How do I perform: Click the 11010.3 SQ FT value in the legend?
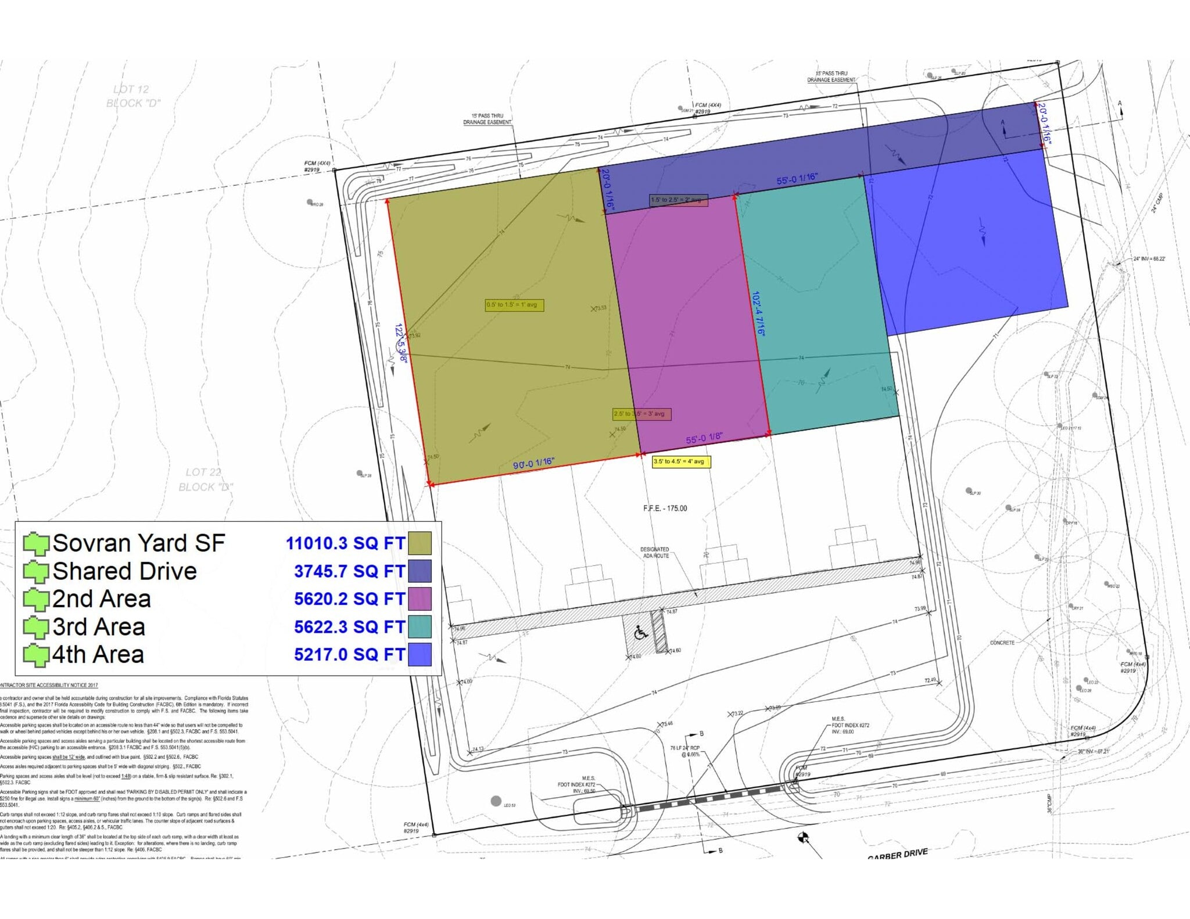[x=345, y=543]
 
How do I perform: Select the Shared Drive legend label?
[x=124, y=571]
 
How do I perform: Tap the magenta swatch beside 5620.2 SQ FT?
[x=420, y=599]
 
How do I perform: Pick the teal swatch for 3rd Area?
[x=420, y=626]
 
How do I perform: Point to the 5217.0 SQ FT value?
[x=349, y=654]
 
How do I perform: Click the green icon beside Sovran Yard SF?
[x=36, y=543]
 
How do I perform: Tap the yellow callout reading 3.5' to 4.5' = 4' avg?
[x=681, y=462]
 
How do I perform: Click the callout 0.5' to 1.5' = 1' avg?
[x=514, y=305]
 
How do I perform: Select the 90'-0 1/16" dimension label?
[x=533, y=463]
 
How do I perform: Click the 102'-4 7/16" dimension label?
[x=759, y=314]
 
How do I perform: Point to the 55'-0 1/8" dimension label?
[x=704, y=438]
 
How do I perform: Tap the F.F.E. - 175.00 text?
[x=665, y=509]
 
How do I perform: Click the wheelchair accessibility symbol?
[x=640, y=633]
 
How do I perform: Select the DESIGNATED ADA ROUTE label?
[x=655, y=553]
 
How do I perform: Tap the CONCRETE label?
[x=1002, y=643]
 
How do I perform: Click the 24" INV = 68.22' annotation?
[x=1149, y=259]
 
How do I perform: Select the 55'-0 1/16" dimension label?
[x=797, y=179]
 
